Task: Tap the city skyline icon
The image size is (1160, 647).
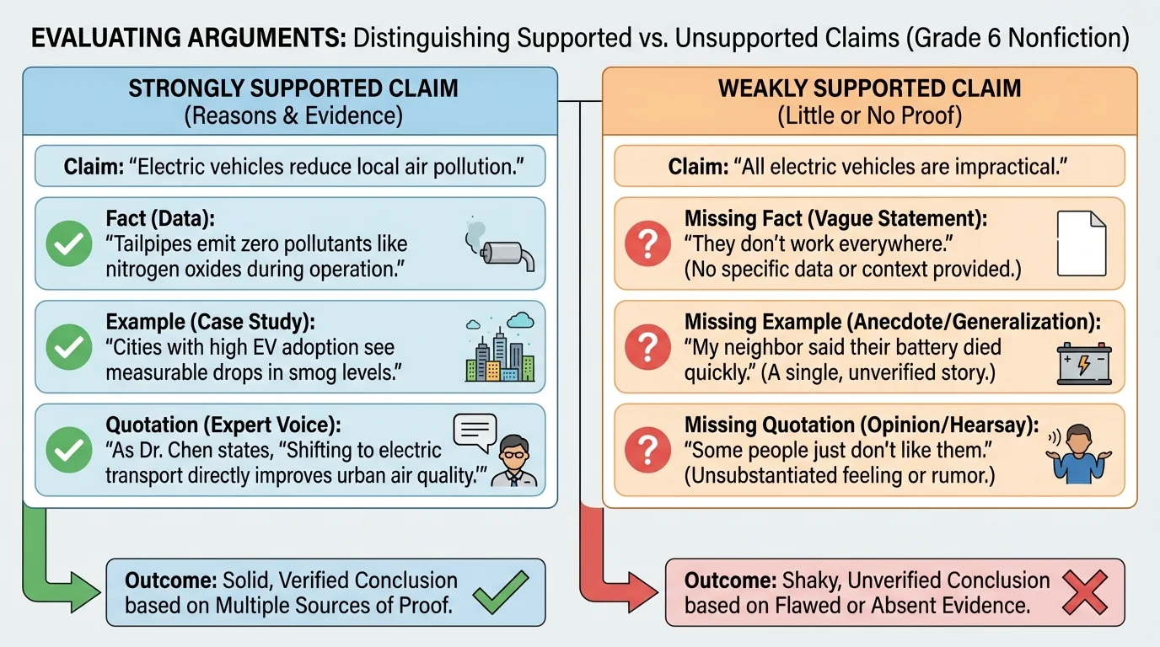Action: (500, 350)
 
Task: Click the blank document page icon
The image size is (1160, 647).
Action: (1082, 243)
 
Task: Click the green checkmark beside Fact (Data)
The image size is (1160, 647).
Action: (68, 244)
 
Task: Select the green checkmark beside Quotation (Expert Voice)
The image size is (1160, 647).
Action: (68, 452)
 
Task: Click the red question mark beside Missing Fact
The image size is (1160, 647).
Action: (647, 244)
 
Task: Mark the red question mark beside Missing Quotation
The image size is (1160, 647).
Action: (647, 452)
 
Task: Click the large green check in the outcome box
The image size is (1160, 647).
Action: (500, 591)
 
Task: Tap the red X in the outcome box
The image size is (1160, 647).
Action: (1084, 591)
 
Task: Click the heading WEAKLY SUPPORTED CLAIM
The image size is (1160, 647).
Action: (869, 89)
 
